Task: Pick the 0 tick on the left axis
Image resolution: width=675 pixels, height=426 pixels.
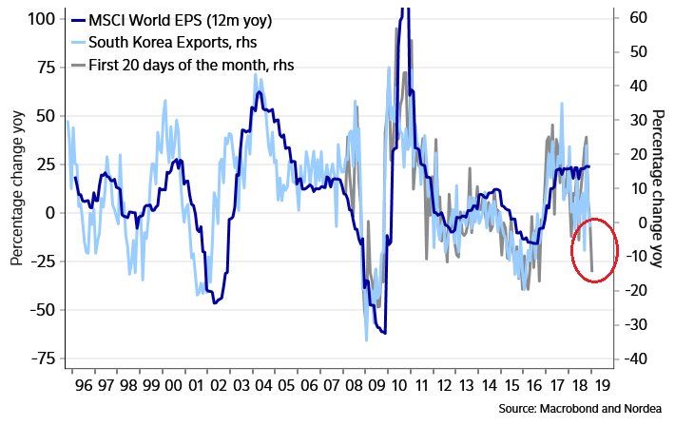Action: pyautogui.click(x=50, y=212)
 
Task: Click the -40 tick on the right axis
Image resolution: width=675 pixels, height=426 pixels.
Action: pyautogui.click(x=636, y=358)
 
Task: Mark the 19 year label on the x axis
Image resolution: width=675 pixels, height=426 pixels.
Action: pyautogui.click(x=604, y=387)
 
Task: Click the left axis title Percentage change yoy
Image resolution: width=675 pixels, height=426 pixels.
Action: pyautogui.click(x=17, y=188)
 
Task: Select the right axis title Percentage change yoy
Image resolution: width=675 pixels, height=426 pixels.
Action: pyautogui.click(x=657, y=188)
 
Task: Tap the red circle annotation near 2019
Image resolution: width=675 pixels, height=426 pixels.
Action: pyautogui.click(x=595, y=252)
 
